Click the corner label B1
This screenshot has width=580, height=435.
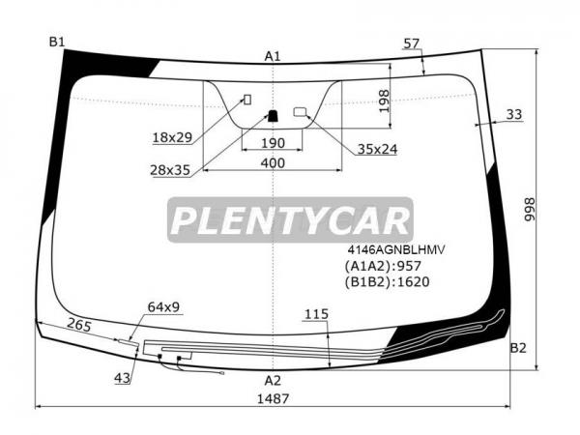click(x=57, y=42)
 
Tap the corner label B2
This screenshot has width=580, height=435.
click(x=518, y=348)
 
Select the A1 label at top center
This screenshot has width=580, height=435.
click(x=273, y=56)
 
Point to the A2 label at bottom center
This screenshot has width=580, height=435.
click(x=273, y=380)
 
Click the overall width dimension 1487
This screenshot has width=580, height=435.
click(x=273, y=398)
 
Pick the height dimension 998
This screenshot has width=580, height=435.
click(x=530, y=210)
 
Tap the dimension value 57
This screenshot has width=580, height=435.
click(x=412, y=43)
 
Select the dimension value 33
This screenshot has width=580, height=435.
click(x=514, y=114)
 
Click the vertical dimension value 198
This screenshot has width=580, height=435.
click(x=384, y=101)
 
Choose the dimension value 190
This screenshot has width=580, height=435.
click(x=273, y=143)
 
